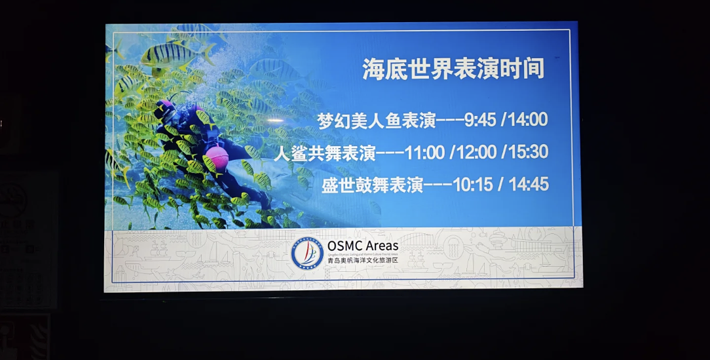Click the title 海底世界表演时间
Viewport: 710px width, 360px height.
point(453,69)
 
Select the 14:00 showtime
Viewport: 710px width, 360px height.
point(528,120)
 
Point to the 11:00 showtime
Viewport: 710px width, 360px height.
point(425,153)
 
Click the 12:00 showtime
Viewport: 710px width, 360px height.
point(476,153)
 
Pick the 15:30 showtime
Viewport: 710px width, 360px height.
point(528,152)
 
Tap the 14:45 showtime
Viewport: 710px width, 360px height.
point(529,184)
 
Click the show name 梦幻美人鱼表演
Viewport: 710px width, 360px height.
point(376,121)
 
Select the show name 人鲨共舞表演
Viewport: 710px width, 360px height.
point(325,154)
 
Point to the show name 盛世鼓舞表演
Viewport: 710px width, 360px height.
point(373,185)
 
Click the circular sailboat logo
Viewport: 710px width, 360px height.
point(307,254)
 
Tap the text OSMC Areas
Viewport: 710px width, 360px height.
point(363,246)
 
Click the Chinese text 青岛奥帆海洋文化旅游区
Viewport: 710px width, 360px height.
point(363,260)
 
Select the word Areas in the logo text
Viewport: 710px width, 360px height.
point(382,246)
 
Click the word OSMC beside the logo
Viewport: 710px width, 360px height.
point(344,246)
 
